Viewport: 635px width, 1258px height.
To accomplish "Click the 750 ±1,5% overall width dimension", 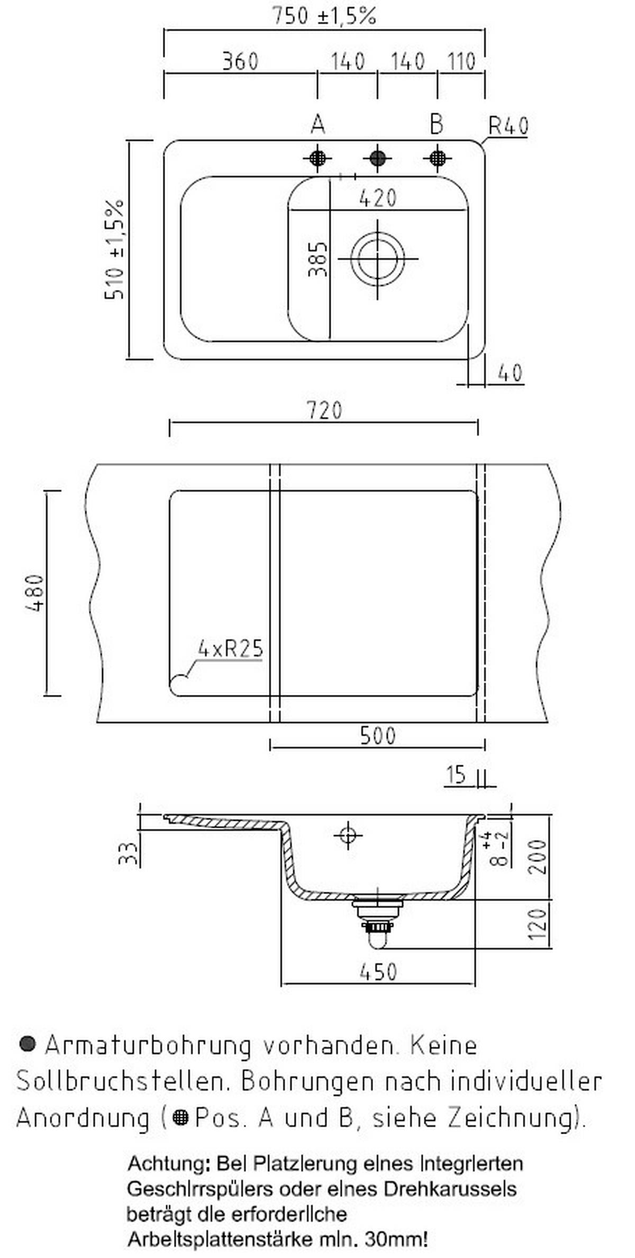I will click(324, 16).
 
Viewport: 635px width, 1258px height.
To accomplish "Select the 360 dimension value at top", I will click(240, 61).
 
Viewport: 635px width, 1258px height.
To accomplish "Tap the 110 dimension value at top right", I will click(461, 62).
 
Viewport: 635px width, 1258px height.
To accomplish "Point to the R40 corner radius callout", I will click(508, 126).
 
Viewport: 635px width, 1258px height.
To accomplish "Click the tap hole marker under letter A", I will click(317, 158).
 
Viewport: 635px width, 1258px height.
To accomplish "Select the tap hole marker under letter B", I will click(438, 158).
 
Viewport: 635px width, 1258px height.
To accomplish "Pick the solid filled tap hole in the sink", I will click(377, 158).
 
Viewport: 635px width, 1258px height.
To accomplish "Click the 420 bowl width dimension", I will click(378, 198).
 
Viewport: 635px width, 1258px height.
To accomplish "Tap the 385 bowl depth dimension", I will click(318, 259).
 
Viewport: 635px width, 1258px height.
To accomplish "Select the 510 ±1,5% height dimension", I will click(114, 249).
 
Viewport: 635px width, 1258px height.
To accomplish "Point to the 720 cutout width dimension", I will click(324, 411).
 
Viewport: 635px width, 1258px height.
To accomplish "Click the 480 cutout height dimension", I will click(35, 593).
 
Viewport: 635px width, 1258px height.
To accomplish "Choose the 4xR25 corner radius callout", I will click(230, 648).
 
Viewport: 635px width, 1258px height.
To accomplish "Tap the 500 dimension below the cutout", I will click(377, 736).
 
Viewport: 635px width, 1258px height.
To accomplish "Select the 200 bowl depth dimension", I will click(538, 857).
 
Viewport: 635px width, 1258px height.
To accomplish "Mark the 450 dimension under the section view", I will click(378, 971).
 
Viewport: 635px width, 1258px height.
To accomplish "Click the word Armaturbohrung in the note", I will click(148, 1045).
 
